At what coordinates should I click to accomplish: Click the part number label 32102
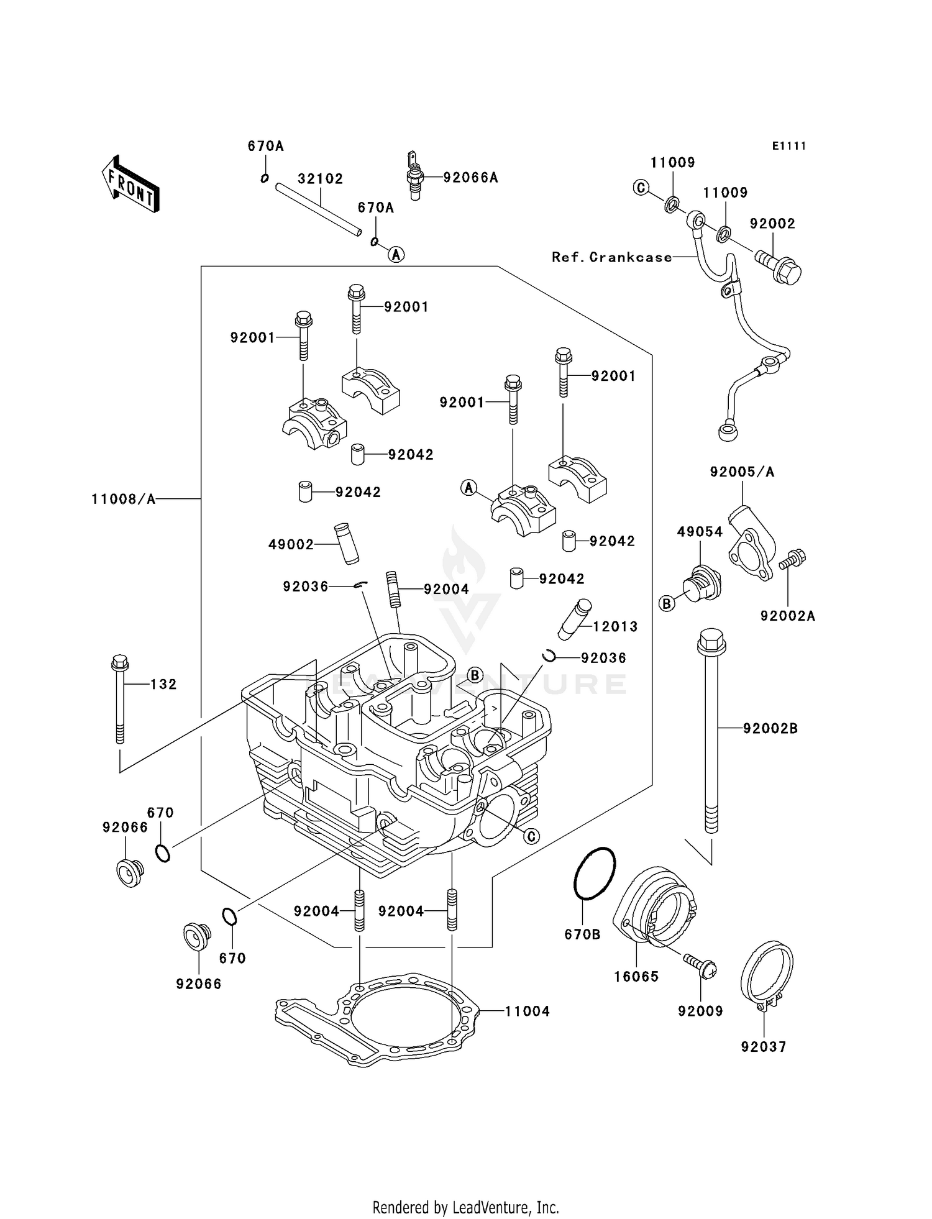[320, 179]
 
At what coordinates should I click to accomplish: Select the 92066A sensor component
[415, 176]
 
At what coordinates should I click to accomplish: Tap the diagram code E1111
[789, 146]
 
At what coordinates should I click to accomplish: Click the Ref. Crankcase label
[611, 257]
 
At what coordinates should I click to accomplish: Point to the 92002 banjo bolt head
[785, 272]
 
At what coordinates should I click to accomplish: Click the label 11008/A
[123, 499]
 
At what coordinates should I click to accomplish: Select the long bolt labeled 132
[119, 699]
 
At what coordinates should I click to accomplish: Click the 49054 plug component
[701, 583]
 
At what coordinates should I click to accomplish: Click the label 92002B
[770, 728]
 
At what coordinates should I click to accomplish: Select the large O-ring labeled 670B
[594, 874]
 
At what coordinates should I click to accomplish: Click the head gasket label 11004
[526, 1011]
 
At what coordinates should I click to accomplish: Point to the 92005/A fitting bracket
[750, 541]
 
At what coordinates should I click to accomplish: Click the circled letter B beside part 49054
[667, 603]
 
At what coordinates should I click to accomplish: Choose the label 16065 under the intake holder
[636, 977]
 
